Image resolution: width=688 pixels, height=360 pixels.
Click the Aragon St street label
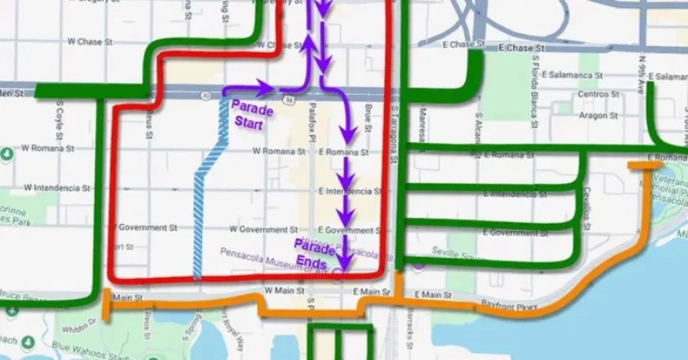tap(598, 115)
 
